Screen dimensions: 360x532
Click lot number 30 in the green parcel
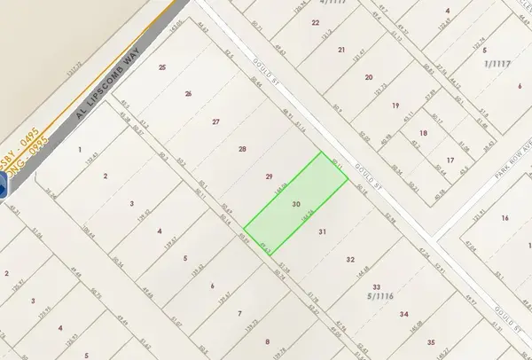pos(295,203)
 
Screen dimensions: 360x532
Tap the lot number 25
pos(162,67)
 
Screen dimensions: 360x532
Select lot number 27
pos(215,122)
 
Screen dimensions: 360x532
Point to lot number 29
pos(270,176)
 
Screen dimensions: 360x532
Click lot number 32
pos(350,260)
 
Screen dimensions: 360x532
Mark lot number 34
pos(403,314)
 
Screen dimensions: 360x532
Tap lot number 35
pos(431,341)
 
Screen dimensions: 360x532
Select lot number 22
pos(316,21)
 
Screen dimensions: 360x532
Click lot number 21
pos(341,50)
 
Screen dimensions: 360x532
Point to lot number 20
pos(368,77)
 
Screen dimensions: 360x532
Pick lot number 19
pos(395,106)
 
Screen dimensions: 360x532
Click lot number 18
pos(423,133)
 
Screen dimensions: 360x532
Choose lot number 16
pos(505,217)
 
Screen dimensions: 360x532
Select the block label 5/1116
pos(383,299)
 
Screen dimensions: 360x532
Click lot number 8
pos(267,340)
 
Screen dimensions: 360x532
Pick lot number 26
pos(188,94)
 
